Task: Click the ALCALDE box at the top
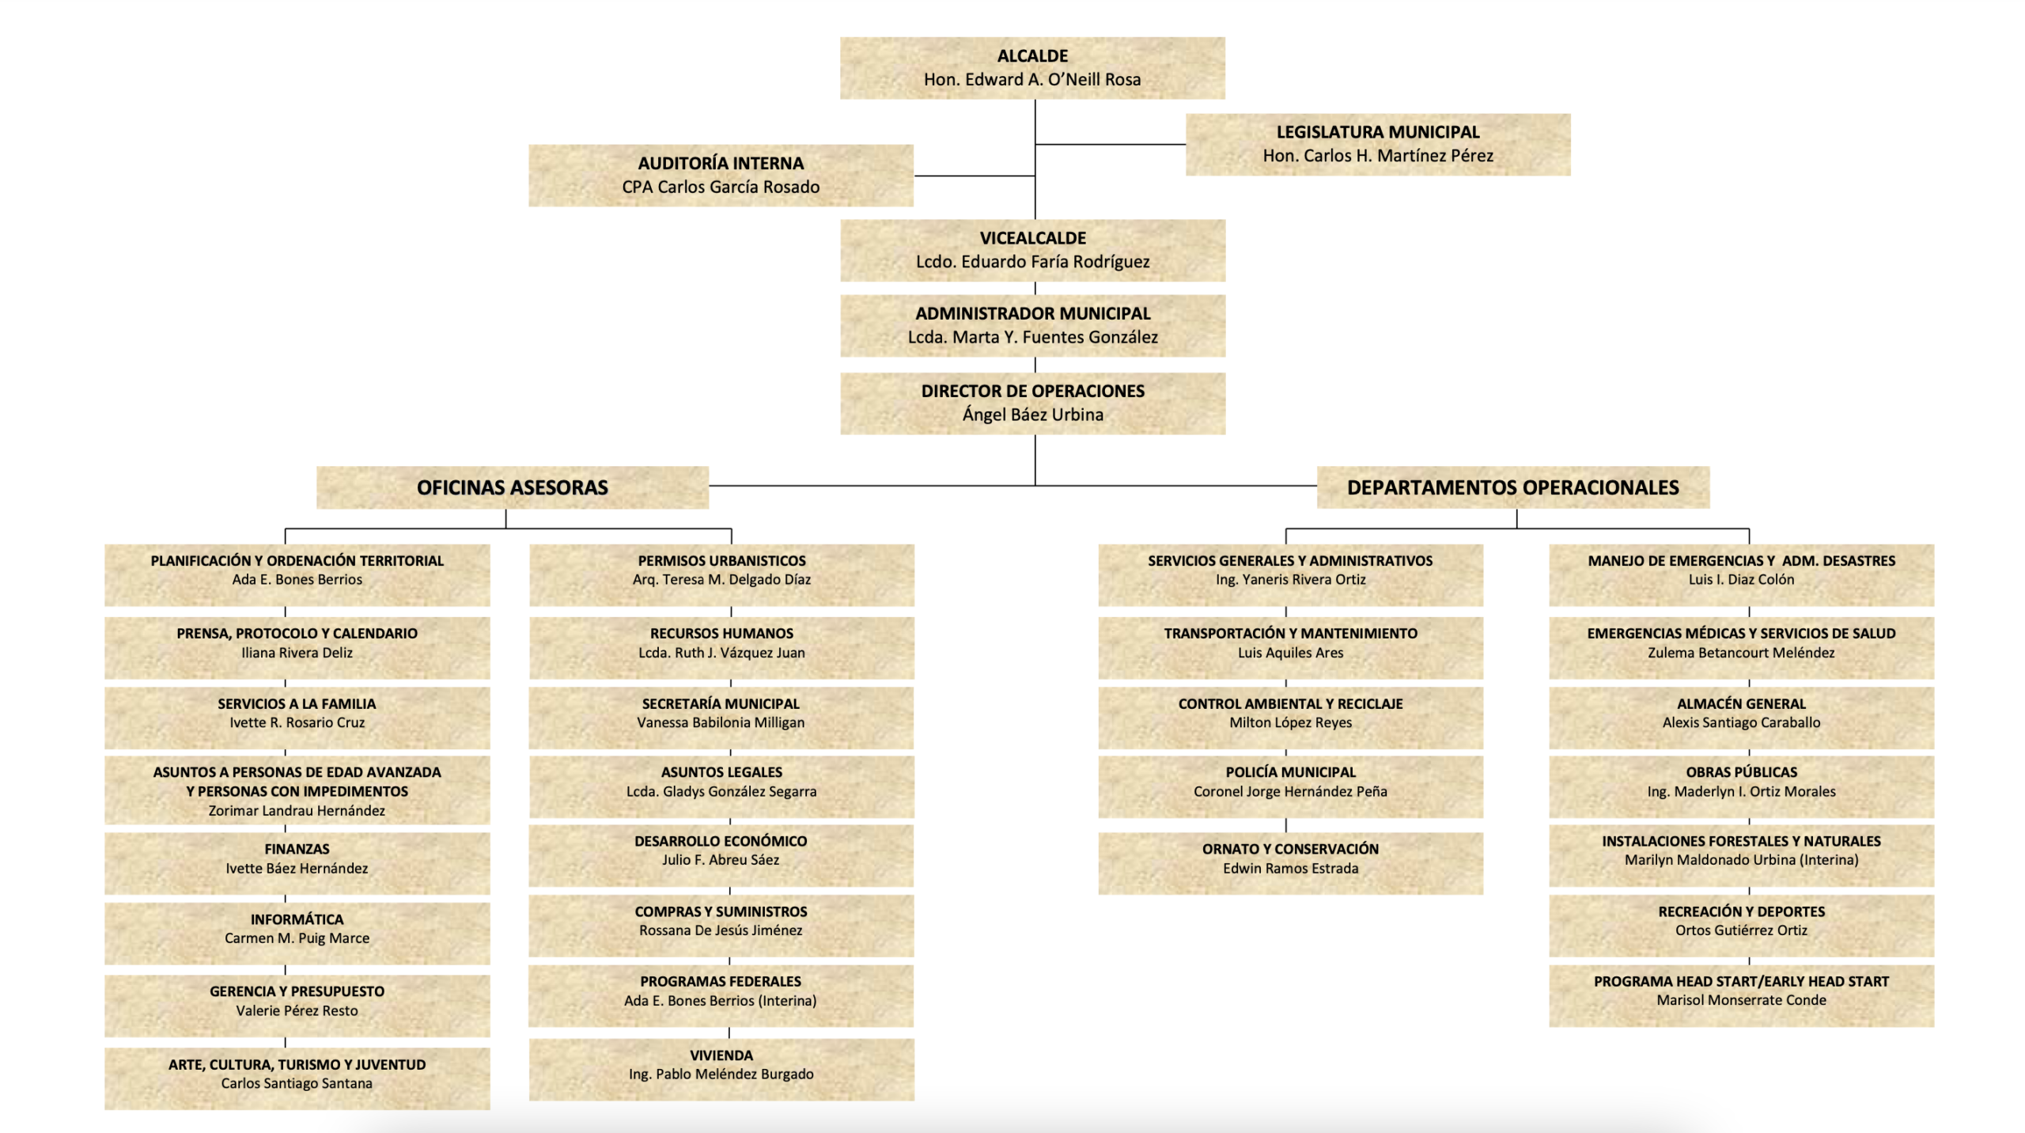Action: pos(1031,67)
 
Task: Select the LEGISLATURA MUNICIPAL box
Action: pos(1377,144)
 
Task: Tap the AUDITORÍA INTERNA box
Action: pos(720,175)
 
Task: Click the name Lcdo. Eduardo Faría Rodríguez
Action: pos(1032,262)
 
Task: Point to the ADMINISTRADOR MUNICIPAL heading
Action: pos(1032,313)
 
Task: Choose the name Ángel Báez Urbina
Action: pos(1032,415)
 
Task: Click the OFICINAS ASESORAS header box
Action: pos(512,487)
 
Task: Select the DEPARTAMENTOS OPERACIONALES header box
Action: pos(1512,487)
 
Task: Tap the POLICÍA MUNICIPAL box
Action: pos(1290,782)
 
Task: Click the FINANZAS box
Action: pos(297,858)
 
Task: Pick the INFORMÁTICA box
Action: pos(297,929)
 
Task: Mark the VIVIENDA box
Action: pos(721,1065)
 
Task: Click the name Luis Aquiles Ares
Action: pos(1290,653)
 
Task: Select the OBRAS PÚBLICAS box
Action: pos(1741,782)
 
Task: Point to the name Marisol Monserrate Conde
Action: pos(1741,1000)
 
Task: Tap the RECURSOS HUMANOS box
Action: pos(721,643)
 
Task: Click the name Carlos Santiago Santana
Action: pos(297,1083)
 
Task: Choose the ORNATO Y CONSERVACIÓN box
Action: pos(1290,858)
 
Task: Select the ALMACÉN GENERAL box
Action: pos(1741,713)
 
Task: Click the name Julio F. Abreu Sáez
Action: pos(721,860)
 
